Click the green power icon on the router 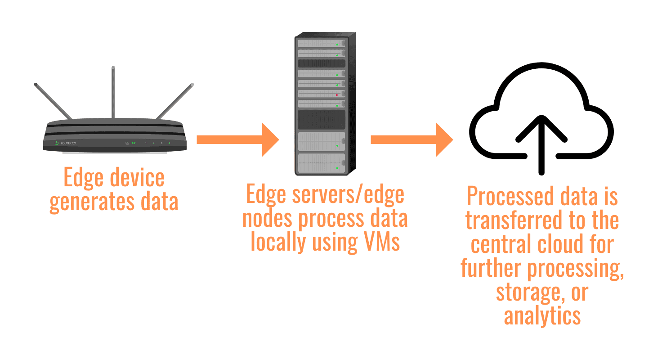click(x=57, y=143)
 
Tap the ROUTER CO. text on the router click(x=69, y=143)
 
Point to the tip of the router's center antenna click(x=113, y=68)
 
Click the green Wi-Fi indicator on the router click(x=134, y=143)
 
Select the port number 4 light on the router click(x=169, y=143)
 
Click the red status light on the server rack click(x=336, y=95)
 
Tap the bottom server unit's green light click(x=336, y=168)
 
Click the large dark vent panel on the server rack click(x=321, y=120)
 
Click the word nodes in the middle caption click(x=268, y=218)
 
